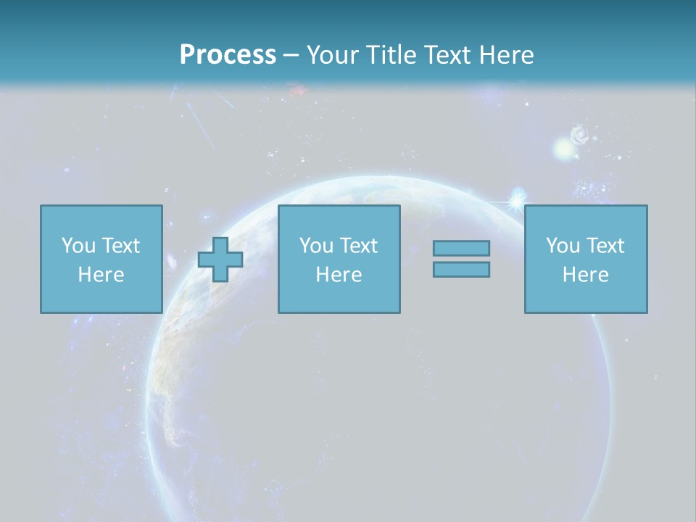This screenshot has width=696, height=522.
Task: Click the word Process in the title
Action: click(x=228, y=55)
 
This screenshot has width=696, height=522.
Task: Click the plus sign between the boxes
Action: click(x=220, y=260)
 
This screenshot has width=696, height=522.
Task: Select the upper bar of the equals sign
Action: click(x=461, y=248)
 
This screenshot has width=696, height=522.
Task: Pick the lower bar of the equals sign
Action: click(x=461, y=269)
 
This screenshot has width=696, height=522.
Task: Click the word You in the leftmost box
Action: click(x=78, y=246)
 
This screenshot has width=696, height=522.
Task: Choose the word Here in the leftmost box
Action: click(x=101, y=275)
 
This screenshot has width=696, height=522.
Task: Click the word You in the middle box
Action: click(x=316, y=246)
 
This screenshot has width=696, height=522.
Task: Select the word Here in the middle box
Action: click(x=339, y=275)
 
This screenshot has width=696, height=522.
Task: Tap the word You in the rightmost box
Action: click(x=563, y=246)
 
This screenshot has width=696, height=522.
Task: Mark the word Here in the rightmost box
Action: click(x=585, y=275)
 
